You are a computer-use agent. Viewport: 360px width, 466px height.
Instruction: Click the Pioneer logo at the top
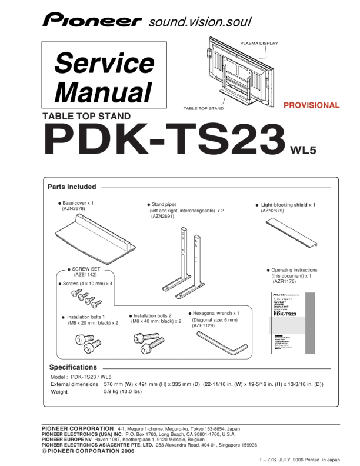[92, 22]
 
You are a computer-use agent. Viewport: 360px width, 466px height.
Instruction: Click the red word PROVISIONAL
[311, 106]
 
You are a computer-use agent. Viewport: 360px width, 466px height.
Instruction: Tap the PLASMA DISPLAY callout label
[259, 44]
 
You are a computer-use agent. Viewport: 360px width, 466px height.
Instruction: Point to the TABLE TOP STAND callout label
[204, 109]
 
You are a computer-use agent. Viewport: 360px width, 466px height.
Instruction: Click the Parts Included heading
[72, 187]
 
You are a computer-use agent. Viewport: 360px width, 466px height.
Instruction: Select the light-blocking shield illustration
[291, 234]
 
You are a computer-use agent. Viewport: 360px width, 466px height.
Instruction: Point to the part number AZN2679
[272, 211]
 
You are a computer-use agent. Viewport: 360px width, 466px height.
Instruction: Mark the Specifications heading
[73, 367]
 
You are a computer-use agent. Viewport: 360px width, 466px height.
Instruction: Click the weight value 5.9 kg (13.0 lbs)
[123, 391]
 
